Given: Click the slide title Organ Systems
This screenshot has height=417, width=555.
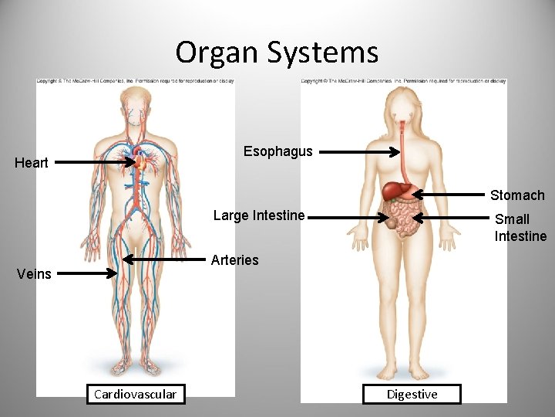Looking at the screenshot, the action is (x=277, y=53).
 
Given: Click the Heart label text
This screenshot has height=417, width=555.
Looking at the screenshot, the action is (x=32, y=162).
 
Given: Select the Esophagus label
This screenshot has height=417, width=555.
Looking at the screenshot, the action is (x=277, y=151).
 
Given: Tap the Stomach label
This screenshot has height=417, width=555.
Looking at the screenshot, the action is (x=517, y=195).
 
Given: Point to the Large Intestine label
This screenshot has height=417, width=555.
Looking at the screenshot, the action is (x=258, y=215).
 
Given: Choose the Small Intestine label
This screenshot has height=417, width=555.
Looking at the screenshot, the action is (x=520, y=228).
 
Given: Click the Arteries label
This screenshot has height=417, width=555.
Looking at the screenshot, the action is (x=234, y=260).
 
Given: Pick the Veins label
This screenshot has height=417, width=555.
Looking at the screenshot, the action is (x=33, y=273).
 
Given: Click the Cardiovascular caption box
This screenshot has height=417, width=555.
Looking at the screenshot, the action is (x=135, y=395).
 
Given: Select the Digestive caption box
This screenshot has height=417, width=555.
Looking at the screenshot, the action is (x=412, y=395).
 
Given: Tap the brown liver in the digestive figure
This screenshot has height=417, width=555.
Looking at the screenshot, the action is (x=396, y=188).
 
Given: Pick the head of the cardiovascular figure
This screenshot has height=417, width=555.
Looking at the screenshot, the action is (x=136, y=105).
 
